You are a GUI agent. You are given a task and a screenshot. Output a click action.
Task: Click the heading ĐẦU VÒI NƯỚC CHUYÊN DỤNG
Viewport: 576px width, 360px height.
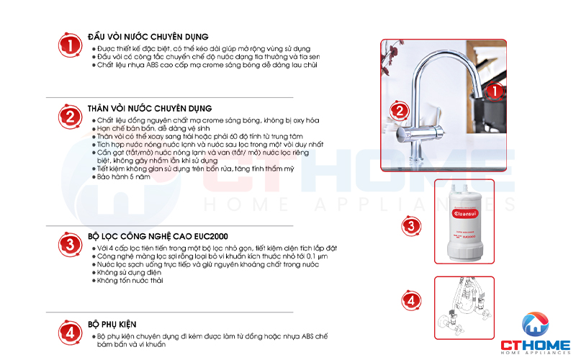[148, 36]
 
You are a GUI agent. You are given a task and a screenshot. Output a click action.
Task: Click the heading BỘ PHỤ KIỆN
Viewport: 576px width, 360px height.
[112, 324]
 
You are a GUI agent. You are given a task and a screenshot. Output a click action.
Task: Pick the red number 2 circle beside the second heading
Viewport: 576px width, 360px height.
[69, 117]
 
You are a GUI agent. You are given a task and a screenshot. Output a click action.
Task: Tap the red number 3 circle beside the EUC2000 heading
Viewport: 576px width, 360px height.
[69, 244]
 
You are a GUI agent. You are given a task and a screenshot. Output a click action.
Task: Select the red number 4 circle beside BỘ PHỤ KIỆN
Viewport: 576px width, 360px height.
[69, 333]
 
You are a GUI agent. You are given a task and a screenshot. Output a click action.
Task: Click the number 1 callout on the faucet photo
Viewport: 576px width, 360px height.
[494, 91]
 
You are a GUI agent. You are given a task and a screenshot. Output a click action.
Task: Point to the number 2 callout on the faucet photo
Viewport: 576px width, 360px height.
[397, 112]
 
